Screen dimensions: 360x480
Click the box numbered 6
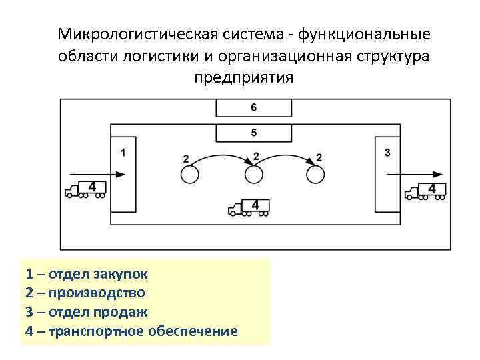[253, 107]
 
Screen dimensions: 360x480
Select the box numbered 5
[253, 133]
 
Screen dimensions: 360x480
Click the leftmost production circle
[189, 175]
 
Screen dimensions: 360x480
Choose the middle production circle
[254, 175]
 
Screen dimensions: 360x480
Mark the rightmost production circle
[316, 175]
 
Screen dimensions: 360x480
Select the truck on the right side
[425, 191]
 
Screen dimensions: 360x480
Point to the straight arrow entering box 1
[97, 174]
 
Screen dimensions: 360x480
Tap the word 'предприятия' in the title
[243, 77]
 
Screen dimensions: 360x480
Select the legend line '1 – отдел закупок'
[87, 273]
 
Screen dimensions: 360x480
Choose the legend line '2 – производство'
[85, 292]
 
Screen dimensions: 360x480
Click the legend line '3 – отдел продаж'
[87, 311]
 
